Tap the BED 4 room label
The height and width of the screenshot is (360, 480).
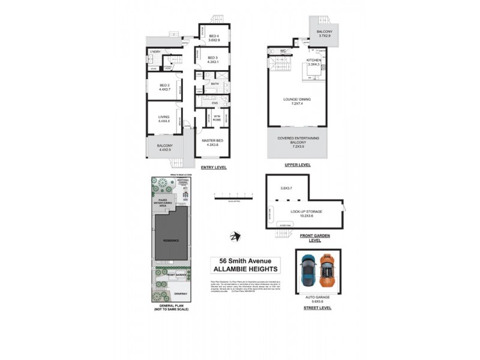pyautogui.click(x=214, y=38)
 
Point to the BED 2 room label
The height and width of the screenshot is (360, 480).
pyautogui.click(x=165, y=88)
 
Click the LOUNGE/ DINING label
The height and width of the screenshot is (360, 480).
pyautogui.click(x=298, y=101)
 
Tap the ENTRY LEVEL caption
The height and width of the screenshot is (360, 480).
pyautogui.click(x=213, y=167)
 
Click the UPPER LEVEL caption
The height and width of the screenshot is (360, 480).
pyautogui.click(x=298, y=164)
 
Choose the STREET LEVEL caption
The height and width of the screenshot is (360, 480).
pyautogui.click(x=317, y=308)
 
